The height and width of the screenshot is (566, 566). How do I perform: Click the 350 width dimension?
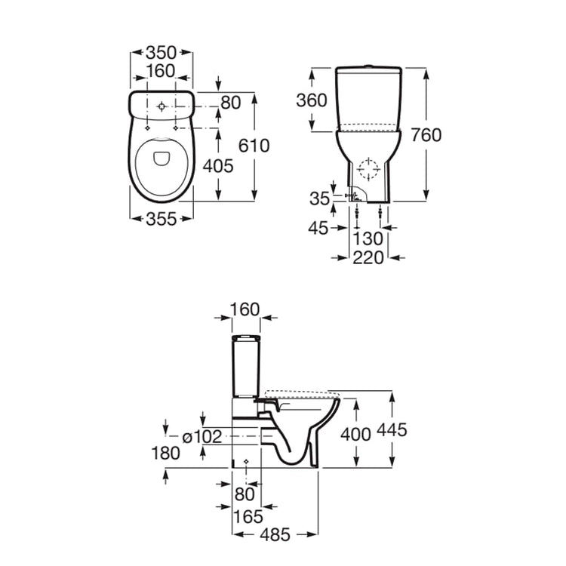[x=161, y=53]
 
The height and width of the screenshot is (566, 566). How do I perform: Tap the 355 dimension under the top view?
[x=161, y=219]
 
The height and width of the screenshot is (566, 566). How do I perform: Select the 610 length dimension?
[x=254, y=146]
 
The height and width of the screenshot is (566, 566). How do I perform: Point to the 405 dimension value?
[x=218, y=166]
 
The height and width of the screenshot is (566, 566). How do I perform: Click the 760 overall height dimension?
[x=426, y=135]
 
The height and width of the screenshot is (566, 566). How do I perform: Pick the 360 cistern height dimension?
[x=312, y=100]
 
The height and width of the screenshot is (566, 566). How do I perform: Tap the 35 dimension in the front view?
[x=319, y=198]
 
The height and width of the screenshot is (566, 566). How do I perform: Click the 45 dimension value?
[x=318, y=228]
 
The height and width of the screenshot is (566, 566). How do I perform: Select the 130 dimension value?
[x=368, y=238]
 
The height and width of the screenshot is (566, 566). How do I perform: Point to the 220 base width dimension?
[x=368, y=258]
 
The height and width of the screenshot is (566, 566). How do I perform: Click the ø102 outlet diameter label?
[x=202, y=437]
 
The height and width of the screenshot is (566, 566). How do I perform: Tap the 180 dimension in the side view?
[x=166, y=453]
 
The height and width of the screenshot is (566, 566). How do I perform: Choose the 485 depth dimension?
[x=275, y=534]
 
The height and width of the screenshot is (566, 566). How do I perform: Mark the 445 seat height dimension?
[x=392, y=429]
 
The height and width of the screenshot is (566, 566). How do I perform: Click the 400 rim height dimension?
[x=355, y=434]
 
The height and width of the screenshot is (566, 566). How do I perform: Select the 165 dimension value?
[x=248, y=517]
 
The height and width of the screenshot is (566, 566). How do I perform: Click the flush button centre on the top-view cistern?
[x=161, y=106]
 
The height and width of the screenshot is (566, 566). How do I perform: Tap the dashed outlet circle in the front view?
[x=368, y=169]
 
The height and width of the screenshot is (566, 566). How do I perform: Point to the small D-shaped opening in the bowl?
[x=161, y=158]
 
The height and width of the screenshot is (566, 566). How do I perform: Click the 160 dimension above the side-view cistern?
[x=245, y=309]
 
